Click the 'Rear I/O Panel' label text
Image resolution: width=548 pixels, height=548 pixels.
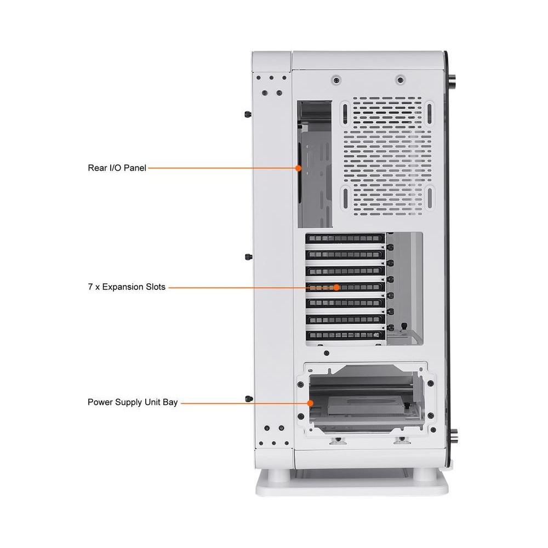coord(117,168)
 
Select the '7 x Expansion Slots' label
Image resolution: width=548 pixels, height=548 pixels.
coord(127,287)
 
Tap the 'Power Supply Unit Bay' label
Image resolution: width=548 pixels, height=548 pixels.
coord(133,402)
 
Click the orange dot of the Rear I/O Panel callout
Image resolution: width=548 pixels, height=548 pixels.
coord(298,168)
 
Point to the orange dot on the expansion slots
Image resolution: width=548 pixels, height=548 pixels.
coord(336,287)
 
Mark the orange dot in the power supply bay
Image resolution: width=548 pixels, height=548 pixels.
coord(310,403)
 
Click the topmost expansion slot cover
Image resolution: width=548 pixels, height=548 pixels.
coord(345,238)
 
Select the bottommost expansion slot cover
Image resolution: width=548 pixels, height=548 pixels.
coord(345,335)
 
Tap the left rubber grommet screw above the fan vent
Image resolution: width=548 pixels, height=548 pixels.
coord(336,81)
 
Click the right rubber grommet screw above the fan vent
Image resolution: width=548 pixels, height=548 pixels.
coord(401,81)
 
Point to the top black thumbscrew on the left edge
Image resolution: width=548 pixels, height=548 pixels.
coord(248,115)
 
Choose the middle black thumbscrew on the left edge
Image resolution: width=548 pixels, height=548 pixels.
coord(248,257)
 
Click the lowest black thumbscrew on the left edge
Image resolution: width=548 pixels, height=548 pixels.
coord(249,399)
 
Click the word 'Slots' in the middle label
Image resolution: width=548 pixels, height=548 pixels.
coord(155,287)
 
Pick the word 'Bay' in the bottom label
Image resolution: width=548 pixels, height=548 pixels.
coord(170,403)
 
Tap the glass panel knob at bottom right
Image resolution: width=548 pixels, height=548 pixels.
coord(452,437)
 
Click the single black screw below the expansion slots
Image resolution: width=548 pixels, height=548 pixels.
coord(327,353)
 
